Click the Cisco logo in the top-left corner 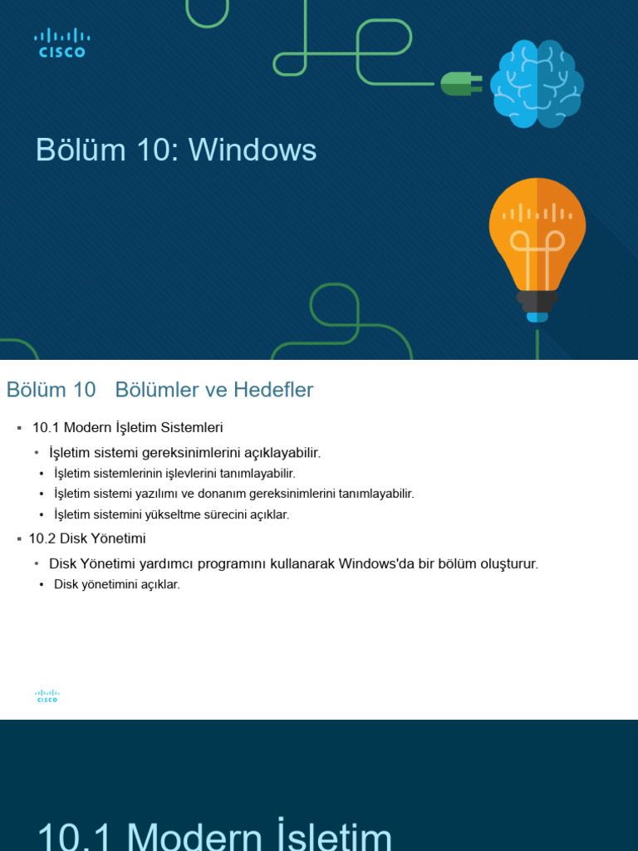[61, 42]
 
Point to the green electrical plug [460, 83]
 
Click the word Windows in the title [253, 150]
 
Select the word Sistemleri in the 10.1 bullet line [194, 427]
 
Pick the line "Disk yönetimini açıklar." [116, 584]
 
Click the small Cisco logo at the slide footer [47, 696]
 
